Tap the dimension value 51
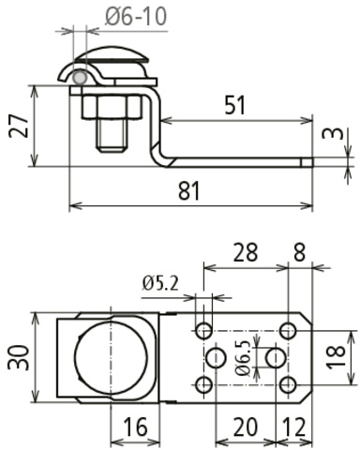(x=235, y=105)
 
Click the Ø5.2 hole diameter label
(x=161, y=282)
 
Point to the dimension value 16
(x=135, y=427)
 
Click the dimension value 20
(x=246, y=427)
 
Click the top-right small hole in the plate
(x=289, y=330)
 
